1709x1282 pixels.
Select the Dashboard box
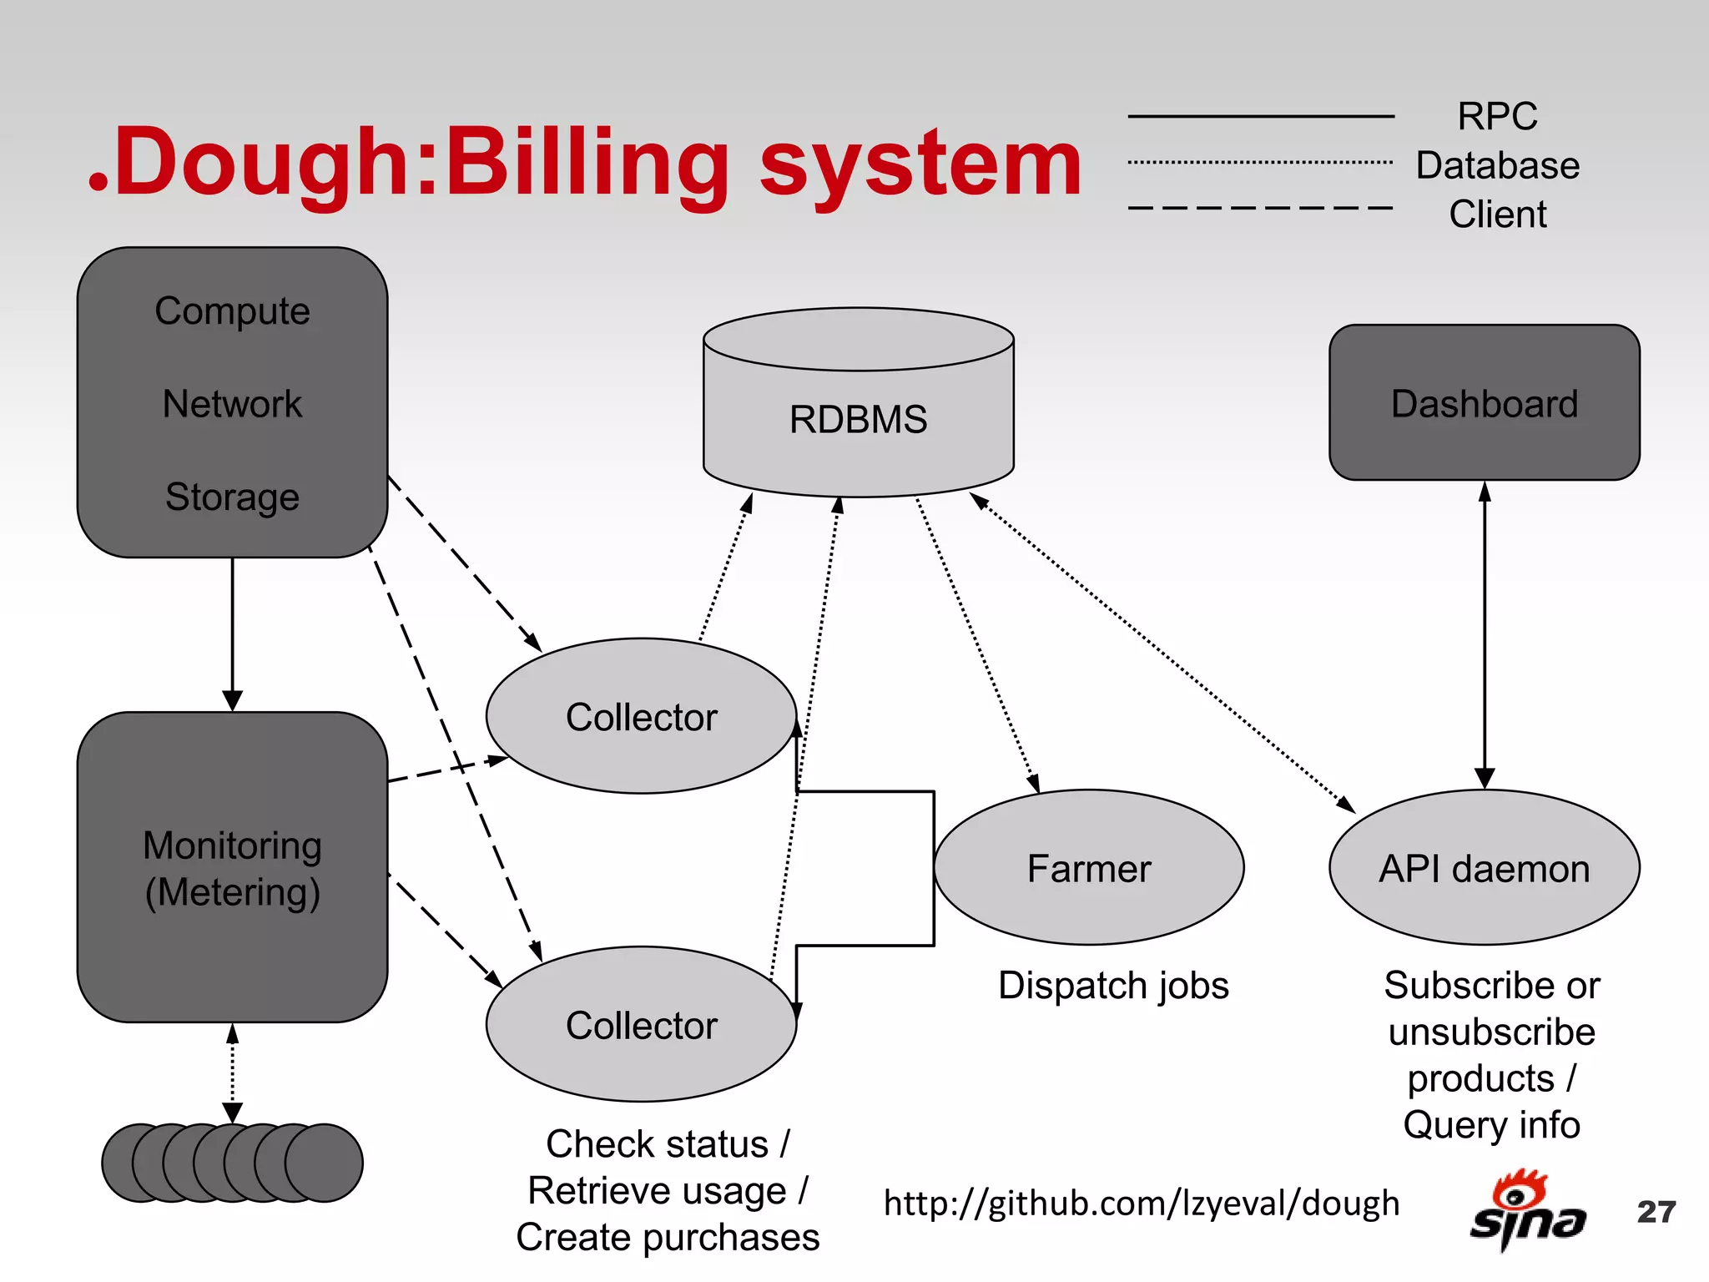coord(1484,403)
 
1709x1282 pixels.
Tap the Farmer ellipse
coord(1088,868)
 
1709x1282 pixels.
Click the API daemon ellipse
coord(1484,868)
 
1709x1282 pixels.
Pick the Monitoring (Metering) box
coord(232,868)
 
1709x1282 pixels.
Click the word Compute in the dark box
coord(232,311)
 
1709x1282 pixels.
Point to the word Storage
coord(232,497)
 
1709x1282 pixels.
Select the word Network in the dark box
coord(232,404)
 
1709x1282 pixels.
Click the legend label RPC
coord(1497,116)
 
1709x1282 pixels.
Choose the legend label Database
coord(1497,165)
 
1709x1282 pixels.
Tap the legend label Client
coord(1497,215)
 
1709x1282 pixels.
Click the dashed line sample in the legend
coord(1260,208)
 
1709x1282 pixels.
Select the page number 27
coord(1656,1212)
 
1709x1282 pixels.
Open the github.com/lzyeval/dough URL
coord(1141,1204)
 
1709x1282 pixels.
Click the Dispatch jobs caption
coord(1113,986)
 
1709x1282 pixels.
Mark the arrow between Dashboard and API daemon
coord(1484,634)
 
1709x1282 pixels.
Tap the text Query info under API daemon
coord(1491,1125)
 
